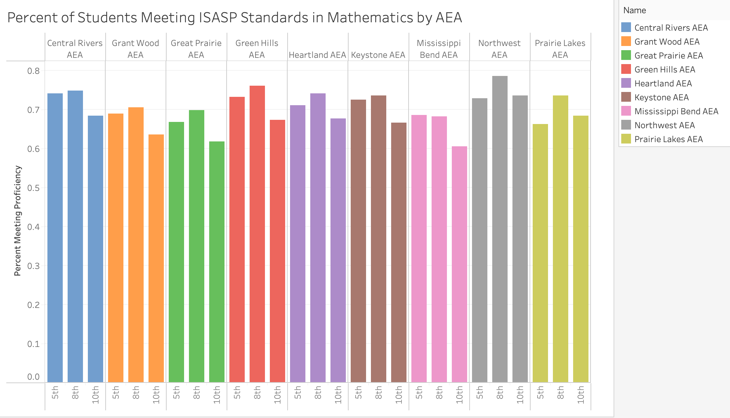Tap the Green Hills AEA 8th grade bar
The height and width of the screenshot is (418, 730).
[x=257, y=234]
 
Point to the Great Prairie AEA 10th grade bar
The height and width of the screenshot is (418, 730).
[x=216, y=262]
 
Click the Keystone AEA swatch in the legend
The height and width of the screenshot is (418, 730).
[x=626, y=97]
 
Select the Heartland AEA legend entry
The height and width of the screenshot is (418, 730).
[x=663, y=83]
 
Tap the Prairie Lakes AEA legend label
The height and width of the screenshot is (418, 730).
[x=668, y=139]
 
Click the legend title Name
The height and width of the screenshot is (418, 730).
[x=634, y=10]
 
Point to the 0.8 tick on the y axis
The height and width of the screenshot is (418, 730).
[x=33, y=71]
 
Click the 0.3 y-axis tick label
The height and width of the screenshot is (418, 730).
[x=33, y=266]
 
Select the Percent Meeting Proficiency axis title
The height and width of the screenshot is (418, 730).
[x=18, y=221]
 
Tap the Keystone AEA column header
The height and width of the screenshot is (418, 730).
[x=378, y=55]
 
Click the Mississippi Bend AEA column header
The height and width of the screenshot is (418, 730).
[x=439, y=49]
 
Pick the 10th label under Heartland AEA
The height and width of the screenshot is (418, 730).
[x=338, y=395]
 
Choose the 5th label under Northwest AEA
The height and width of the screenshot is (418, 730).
[x=479, y=393]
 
